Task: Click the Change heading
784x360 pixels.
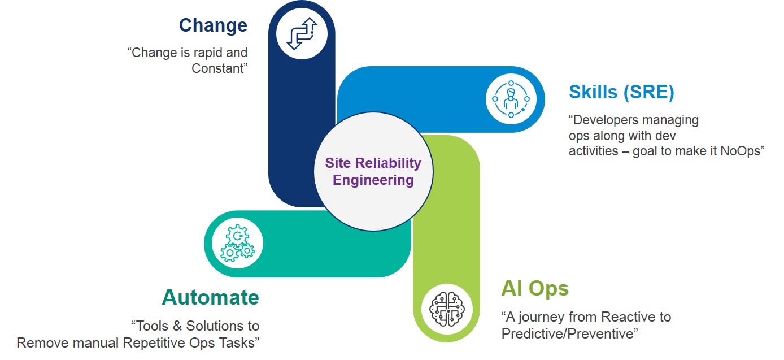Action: [213, 25]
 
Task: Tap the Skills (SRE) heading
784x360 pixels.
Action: [621, 92]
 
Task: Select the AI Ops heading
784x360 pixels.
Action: [534, 289]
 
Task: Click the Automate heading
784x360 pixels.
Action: [210, 297]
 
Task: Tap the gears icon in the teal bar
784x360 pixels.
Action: [237, 244]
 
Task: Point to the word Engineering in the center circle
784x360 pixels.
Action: [373, 181]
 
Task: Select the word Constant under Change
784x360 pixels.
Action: [220, 68]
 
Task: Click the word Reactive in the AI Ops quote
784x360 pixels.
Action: [627, 316]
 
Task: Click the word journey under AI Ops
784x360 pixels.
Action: [542, 316]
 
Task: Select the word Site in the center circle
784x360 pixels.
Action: [337, 163]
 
